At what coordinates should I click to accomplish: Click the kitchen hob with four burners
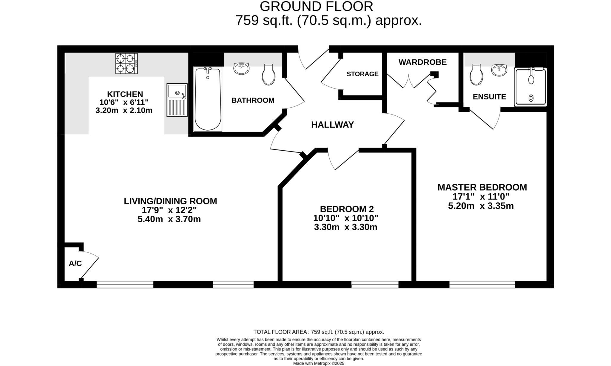tap(126, 64)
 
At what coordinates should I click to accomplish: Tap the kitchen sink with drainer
tap(177, 100)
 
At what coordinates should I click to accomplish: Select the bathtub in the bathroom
tap(208, 99)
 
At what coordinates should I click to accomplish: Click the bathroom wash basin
tap(242, 68)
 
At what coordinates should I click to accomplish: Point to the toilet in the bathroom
tap(269, 75)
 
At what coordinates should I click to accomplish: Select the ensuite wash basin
tap(499, 70)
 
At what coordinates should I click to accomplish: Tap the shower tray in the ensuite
tap(531, 87)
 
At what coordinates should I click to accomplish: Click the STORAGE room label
tap(362, 74)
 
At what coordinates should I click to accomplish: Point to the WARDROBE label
tap(422, 62)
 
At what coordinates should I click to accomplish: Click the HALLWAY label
tap(332, 125)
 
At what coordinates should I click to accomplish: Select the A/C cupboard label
tap(75, 263)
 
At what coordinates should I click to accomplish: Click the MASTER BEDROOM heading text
tap(482, 187)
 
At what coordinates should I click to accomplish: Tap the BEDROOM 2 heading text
tap(347, 209)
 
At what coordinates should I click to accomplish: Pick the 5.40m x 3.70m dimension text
tap(169, 219)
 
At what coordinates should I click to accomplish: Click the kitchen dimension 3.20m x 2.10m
tap(124, 111)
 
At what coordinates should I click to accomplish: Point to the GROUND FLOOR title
tap(316, 7)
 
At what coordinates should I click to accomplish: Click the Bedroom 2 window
tap(375, 285)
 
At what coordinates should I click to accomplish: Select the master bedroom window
tap(482, 285)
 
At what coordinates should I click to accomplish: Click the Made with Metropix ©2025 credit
tap(319, 364)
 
